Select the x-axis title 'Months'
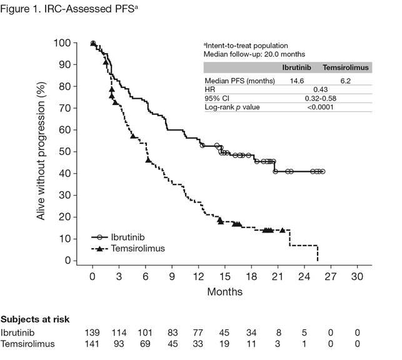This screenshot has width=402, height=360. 225,291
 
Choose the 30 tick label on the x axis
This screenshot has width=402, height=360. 357,276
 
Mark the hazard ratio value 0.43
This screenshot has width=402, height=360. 321,90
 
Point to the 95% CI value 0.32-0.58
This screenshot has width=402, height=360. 321,99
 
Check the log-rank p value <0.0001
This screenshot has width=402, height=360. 321,107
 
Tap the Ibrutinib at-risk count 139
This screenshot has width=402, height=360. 93,332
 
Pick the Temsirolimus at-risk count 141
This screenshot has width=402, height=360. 93,344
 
